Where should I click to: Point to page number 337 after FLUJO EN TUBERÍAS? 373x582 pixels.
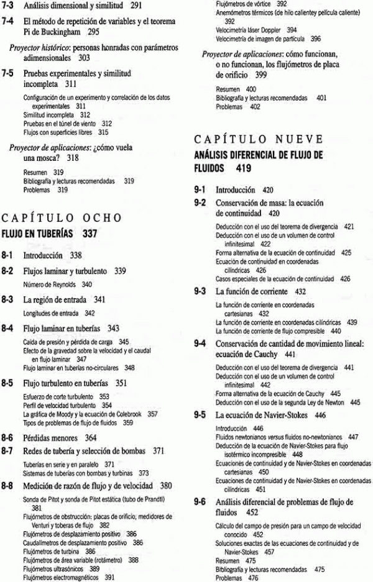click(88, 234)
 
